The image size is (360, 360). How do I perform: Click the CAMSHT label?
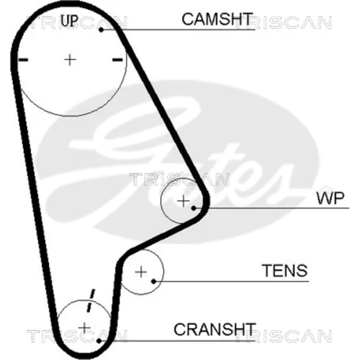pyautogui.click(x=217, y=19)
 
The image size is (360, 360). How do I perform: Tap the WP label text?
pyautogui.click(x=330, y=199)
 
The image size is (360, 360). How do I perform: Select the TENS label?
pyautogui.click(x=284, y=271)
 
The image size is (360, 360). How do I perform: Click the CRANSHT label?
pyautogui.click(x=215, y=329)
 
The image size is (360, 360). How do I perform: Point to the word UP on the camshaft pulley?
pyautogui.click(x=69, y=20)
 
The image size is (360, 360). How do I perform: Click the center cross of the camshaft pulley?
pyautogui.click(x=71, y=60)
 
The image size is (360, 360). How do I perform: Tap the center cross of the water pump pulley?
pyautogui.click(x=184, y=201)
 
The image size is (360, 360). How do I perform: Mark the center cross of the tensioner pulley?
pyautogui.click(x=141, y=272)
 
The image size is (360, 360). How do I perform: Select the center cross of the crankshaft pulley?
pyautogui.click(x=84, y=328)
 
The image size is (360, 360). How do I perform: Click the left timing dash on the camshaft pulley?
pyautogui.click(x=23, y=60)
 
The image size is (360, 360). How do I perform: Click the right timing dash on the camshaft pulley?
pyautogui.click(x=117, y=60)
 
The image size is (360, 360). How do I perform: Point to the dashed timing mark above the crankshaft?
pyautogui.click(x=91, y=301)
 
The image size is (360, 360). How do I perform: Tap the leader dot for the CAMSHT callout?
pyautogui.click(x=102, y=30)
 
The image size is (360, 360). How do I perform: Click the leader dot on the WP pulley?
pyautogui.click(x=194, y=208)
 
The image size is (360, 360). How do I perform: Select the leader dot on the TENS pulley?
pyautogui.click(x=154, y=281)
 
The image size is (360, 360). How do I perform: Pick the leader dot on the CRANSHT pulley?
pyautogui.click(x=99, y=341)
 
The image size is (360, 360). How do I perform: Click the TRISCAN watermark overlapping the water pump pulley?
pyautogui.click(x=179, y=179)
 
